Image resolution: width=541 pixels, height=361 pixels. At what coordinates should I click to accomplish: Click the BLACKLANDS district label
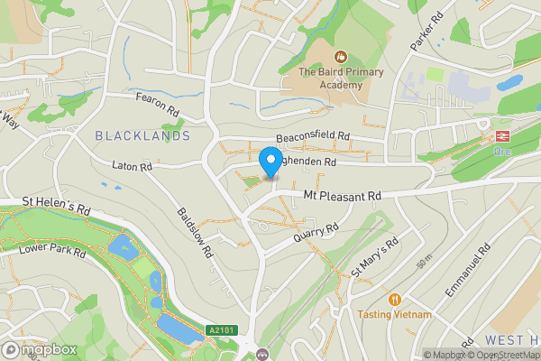coord(142,135)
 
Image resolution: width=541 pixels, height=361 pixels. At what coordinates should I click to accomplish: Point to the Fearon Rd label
coord(159,104)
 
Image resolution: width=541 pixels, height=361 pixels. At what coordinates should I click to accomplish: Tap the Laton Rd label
coord(133,166)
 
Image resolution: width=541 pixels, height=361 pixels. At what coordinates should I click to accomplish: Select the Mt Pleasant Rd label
coord(343,195)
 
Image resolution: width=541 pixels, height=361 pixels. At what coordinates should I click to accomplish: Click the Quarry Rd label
coord(316,235)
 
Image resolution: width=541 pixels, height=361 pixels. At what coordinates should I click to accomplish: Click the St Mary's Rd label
coord(375,258)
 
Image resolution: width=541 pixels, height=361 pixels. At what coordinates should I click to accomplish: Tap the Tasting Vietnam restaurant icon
coord(394,299)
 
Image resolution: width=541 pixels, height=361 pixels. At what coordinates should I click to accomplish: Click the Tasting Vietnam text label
coord(394,314)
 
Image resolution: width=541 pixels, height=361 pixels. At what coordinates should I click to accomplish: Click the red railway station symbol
coord(497,137)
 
